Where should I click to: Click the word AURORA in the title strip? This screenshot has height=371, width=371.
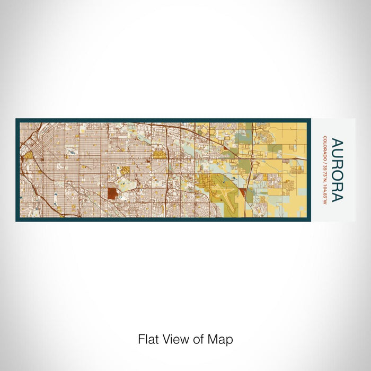pyautogui.click(x=336, y=170)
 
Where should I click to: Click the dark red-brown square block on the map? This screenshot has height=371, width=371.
pyautogui.click(x=112, y=192)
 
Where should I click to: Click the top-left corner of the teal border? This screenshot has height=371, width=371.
pyautogui.click(x=17, y=120)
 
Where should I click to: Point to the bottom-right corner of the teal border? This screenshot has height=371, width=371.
pyautogui.click(x=306, y=220)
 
